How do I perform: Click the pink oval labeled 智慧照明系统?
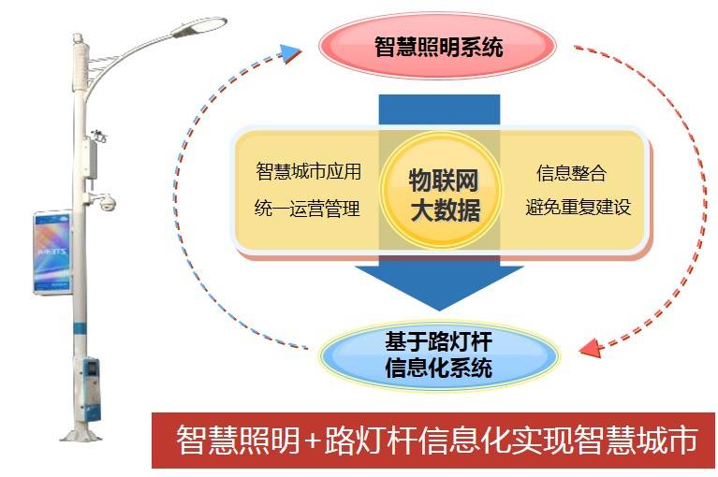(x=437, y=46)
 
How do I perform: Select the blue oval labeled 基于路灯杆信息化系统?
(x=438, y=355)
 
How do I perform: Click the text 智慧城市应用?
(x=309, y=171)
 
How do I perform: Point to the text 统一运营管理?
(x=307, y=209)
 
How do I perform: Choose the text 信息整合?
(x=571, y=173)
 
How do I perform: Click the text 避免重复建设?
(x=579, y=207)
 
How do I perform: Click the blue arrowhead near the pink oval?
(x=289, y=52)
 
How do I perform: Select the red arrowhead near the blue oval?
(x=591, y=349)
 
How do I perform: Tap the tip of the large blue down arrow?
(x=439, y=311)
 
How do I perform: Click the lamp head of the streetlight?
(x=199, y=26)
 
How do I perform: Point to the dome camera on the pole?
(x=107, y=202)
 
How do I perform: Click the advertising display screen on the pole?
(x=52, y=253)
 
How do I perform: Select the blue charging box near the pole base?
(x=91, y=389)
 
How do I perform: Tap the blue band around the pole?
(x=80, y=328)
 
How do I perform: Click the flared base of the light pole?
(x=81, y=432)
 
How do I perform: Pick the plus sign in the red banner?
(x=312, y=441)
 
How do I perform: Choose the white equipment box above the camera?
(x=91, y=159)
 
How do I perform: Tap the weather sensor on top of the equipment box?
(x=98, y=135)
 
